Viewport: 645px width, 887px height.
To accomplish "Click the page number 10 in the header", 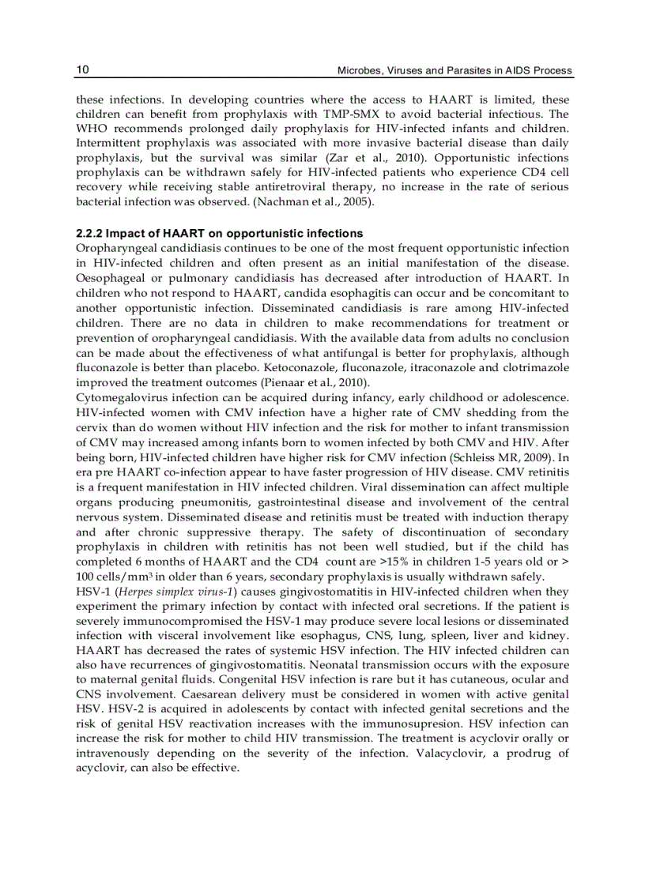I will pos(82,70).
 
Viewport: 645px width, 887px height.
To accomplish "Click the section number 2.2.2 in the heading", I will pos(89,234).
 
